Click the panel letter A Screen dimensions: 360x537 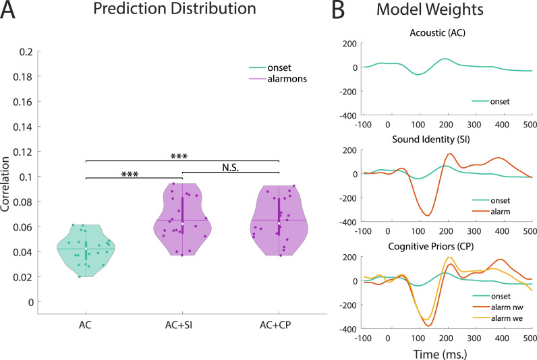click(x=9, y=11)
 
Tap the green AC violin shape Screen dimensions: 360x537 click(x=86, y=253)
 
